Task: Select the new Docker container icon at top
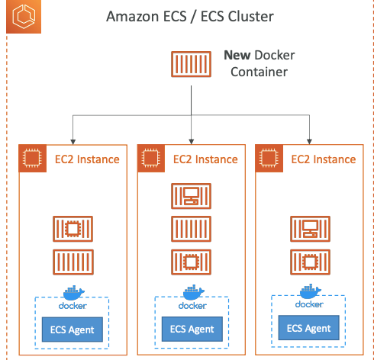point(191,64)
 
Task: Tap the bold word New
point(239,55)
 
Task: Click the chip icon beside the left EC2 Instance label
point(31,159)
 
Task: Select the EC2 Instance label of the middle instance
point(205,159)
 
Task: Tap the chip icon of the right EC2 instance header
point(267,159)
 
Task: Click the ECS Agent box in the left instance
point(73,329)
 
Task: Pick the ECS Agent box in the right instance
point(309,328)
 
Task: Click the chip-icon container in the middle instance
point(191,260)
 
